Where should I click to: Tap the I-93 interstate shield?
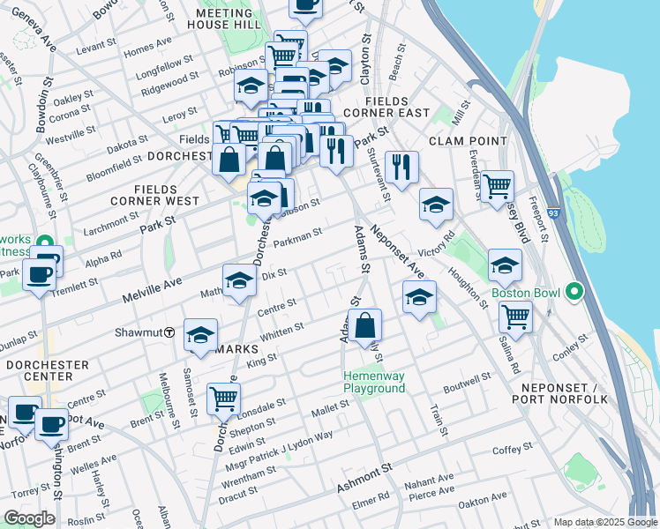pos(552,213)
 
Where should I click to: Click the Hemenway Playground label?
pos(374,383)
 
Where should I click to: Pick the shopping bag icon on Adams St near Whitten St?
pos(365,325)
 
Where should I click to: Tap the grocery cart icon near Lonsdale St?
pos(223,399)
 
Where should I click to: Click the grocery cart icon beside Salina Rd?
pos(515,317)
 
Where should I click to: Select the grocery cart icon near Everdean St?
pos(498,186)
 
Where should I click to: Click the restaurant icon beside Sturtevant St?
pos(401,166)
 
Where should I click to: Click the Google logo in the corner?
pos(29,518)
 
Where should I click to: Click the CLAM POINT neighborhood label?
pos(468,141)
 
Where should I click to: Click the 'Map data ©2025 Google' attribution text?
pos(604,521)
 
